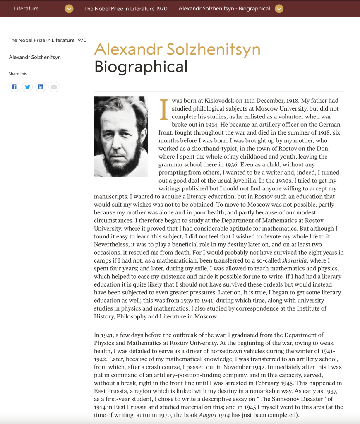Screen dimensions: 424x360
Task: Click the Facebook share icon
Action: tap(14, 87)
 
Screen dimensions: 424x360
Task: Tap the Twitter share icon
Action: tap(27, 87)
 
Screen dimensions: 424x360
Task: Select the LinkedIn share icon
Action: tap(41, 87)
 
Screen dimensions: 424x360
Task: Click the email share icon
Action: tap(54, 87)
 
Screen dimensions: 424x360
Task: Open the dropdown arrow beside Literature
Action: tap(69, 9)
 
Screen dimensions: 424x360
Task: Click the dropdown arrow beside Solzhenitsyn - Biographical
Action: tap(279, 9)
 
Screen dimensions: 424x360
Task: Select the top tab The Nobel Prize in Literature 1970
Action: tap(126, 9)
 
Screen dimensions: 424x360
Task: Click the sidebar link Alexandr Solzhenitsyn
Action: tap(35, 57)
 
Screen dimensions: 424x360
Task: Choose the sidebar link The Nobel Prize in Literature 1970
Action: tap(48, 40)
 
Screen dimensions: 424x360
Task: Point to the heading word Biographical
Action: tap(141, 67)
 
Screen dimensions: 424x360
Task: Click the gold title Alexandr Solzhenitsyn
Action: tap(177, 49)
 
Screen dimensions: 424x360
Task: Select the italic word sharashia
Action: tap(295, 260)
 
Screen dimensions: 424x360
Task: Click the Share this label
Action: tap(18, 74)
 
